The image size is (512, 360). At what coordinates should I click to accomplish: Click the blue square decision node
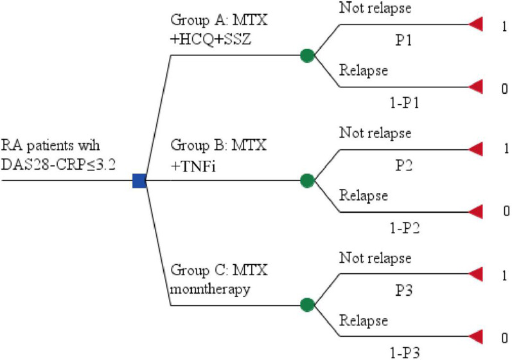coord(139,181)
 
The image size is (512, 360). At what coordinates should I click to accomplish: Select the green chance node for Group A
coord(307,56)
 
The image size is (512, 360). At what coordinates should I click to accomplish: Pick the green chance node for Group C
coord(307,304)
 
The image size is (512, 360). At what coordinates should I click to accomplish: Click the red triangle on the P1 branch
coord(476,25)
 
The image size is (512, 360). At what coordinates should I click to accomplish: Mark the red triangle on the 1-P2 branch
coord(476,211)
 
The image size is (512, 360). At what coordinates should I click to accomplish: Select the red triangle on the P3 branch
coord(476,273)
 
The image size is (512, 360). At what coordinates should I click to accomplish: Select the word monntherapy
coord(202,289)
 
